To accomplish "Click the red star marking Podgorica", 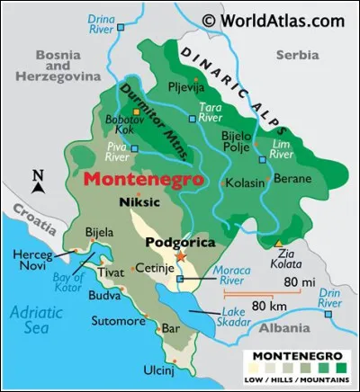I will (180, 257).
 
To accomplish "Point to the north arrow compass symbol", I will (38, 183).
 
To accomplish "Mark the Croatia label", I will (21, 218).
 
